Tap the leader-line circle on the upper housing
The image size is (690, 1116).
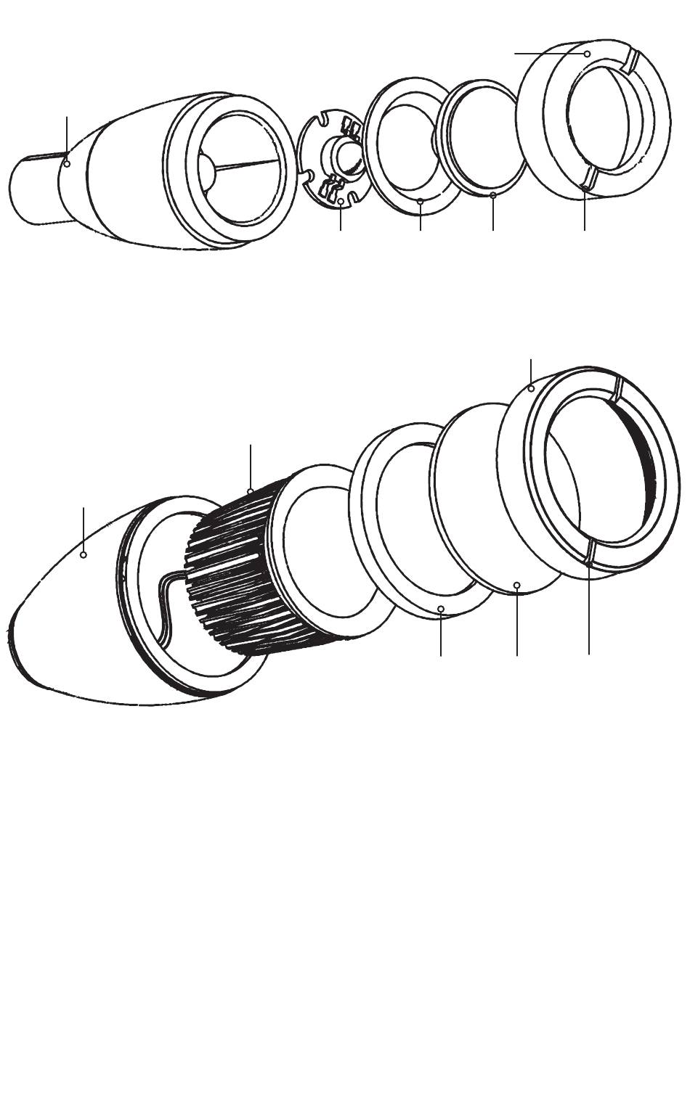[67, 164]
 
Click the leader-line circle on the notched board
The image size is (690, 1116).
[341, 200]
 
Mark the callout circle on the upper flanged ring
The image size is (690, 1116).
[421, 202]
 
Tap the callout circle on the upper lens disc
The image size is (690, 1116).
[492, 194]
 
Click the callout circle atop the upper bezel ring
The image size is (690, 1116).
[587, 54]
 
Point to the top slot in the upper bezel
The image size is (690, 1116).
[631, 60]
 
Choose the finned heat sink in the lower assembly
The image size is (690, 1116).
[232, 566]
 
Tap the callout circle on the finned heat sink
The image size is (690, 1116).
[250, 492]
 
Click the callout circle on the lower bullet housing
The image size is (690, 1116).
[84, 554]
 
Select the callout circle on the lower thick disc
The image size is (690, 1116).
[516, 584]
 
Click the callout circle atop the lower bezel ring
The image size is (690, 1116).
[532, 389]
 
